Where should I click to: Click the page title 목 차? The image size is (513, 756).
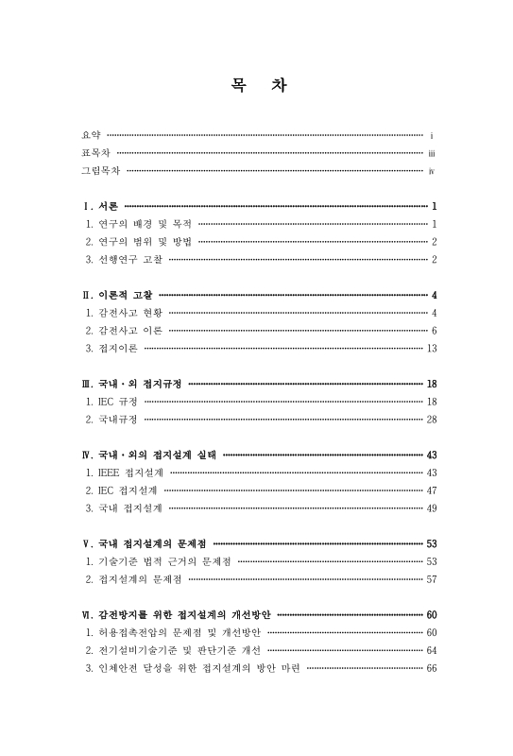point(256,86)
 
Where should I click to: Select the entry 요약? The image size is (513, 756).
point(92,136)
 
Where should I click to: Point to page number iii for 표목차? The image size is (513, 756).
point(431,153)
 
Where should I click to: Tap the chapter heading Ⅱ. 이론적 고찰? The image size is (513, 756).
point(118,295)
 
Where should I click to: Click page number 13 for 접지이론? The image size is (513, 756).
point(431,348)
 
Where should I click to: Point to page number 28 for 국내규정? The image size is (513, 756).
point(431,419)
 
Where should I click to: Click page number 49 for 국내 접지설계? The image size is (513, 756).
point(431,507)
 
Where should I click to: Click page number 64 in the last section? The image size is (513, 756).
point(431,650)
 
